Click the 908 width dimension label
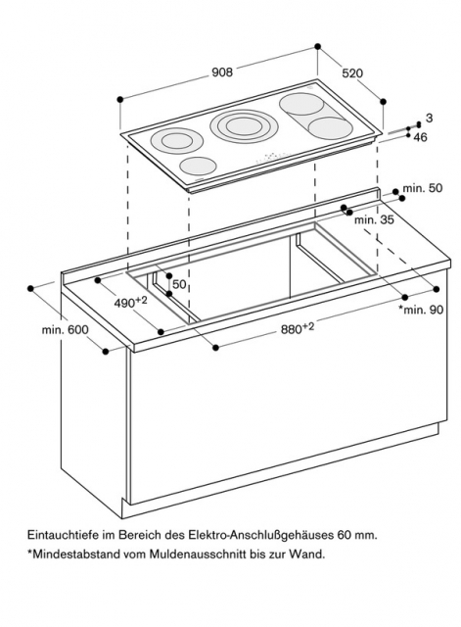(222, 72)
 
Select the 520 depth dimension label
(352, 73)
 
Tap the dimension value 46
(420, 137)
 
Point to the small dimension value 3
(429, 118)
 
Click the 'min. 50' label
(423, 187)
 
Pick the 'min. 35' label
(374, 219)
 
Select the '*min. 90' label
(421, 310)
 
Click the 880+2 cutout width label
(298, 328)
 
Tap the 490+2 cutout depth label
(130, 302)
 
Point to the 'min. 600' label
(66, 330)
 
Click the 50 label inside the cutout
(179, 284)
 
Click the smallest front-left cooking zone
(198, 165)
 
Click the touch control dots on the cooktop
(271, 157)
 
